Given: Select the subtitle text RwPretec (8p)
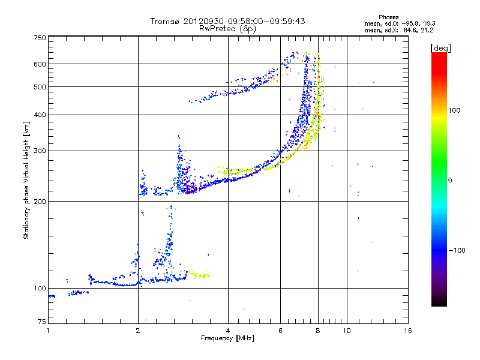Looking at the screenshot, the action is [x=227, y=29].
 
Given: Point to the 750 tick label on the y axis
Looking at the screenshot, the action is [x=40, y=38].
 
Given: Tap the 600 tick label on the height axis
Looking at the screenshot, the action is [x=40, y=64].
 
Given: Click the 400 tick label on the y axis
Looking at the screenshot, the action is [x=40, y=115].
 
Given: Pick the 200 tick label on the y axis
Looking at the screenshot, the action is [x=40, y=202].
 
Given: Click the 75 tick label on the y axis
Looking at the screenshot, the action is [x=42, y=322].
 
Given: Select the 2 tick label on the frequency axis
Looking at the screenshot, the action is [x=138, y=331].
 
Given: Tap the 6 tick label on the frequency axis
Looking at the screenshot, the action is [x=280, y=331].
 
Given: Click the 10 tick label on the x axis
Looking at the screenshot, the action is [x=347, y=331].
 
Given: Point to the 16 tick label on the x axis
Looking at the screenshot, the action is [x=408, y=331].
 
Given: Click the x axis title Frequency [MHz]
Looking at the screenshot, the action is [x=227, y=338].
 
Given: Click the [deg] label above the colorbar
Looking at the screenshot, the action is [x=440, y=48].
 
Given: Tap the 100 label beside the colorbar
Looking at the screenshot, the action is [x=454, y=110].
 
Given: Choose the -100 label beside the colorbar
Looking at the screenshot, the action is [x=457, y=250].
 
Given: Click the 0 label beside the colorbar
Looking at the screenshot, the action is [x=450, y=181].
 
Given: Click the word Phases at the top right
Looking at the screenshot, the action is [x=388, y=17].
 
